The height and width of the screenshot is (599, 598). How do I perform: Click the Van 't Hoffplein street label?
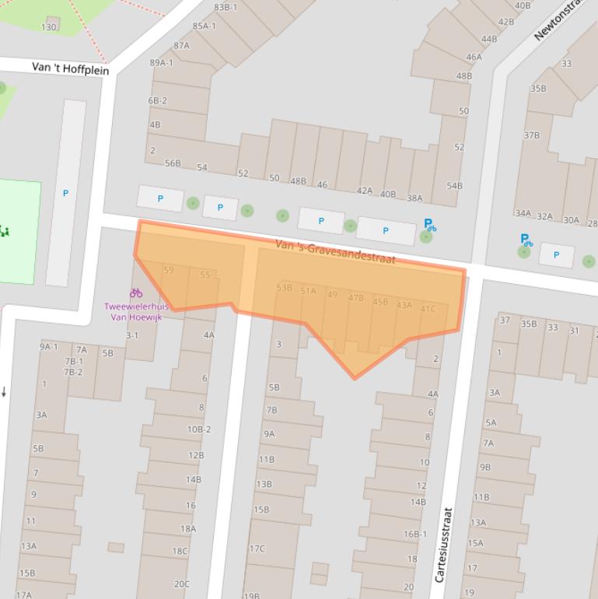coord(70,68)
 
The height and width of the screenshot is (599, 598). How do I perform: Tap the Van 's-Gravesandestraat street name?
coord(335,252)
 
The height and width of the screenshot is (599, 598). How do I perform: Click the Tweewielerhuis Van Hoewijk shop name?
coord(135,311)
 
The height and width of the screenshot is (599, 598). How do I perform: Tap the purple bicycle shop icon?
coord(136,293)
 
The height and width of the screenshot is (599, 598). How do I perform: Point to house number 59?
coord(169,271)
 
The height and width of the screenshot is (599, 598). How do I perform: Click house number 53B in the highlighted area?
coord(284,288)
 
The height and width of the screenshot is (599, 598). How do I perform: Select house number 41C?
coord(428,309)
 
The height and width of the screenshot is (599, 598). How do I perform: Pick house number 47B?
coord(356,298)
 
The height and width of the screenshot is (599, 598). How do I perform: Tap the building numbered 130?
coord(49,26)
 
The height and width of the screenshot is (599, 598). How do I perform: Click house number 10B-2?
coord(198,429)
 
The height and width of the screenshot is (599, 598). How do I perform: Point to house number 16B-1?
coord(414,534)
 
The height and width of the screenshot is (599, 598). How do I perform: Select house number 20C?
coord(181,583)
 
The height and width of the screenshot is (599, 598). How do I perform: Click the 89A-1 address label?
coord(162,63)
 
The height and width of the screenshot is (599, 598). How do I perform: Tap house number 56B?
coord(173,163)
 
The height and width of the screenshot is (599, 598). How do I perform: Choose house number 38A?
coord(414,198)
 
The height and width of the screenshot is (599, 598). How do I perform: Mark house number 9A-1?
coord(49,347)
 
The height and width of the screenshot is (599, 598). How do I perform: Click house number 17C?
coord(257,548)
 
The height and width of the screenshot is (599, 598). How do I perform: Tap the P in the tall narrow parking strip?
coord(65,193)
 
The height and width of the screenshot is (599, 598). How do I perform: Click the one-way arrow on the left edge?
coord(4,392)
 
